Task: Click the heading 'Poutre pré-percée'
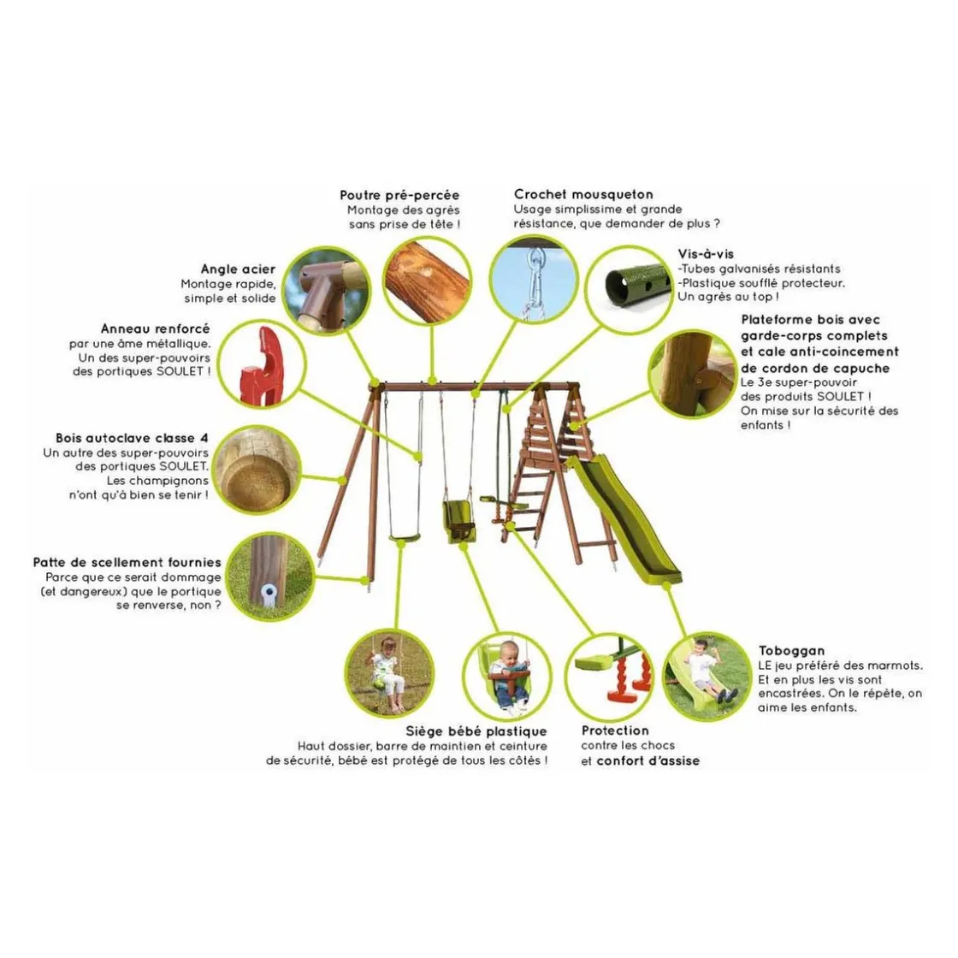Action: (x=399, y=196)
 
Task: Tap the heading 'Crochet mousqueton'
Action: (x=583, y=194)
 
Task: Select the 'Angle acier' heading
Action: (x=239, y=269)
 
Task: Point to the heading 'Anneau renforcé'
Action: (x=155, y=328)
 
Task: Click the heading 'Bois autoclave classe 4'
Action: (x=132, y=438)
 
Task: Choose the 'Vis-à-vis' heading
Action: (x=706, y=254)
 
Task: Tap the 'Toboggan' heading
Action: (x=792, y=651)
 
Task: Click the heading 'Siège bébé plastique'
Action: (x=476, y=731)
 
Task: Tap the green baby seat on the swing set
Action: (x=458, y=520)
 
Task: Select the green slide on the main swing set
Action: (x=624, y=519)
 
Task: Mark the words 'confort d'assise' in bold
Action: (x=648, y=761)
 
